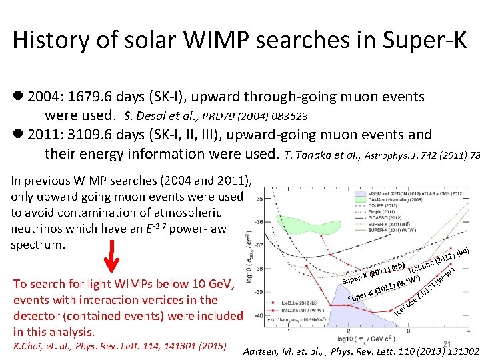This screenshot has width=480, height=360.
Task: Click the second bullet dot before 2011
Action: (18, 135)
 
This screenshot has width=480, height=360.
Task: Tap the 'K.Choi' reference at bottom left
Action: (31, 346)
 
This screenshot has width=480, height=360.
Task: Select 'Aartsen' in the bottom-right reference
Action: (267, 351)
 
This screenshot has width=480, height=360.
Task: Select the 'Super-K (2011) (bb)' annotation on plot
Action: (373, 273)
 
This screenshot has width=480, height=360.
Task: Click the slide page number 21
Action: (447, 344)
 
